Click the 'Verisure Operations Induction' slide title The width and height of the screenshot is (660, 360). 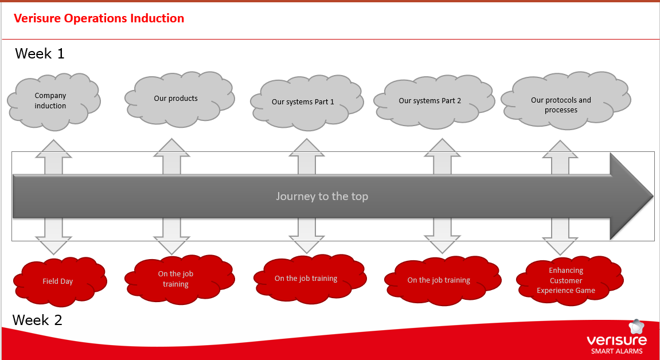99,18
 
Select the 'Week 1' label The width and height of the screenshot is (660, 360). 40,54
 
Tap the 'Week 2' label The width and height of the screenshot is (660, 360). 37,320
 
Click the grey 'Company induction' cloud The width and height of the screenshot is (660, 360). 52,100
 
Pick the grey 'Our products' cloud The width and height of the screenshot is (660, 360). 177,98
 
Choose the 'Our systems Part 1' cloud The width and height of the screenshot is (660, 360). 304,102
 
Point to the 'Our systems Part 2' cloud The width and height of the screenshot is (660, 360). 431,101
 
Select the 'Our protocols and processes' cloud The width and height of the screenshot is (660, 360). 562,104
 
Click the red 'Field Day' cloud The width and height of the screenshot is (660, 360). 58,281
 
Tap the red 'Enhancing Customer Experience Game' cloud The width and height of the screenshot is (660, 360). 567,280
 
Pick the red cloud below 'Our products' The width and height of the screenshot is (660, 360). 177,279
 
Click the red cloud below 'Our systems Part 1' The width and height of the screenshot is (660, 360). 307,279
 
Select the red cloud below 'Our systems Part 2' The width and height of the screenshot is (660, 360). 439,280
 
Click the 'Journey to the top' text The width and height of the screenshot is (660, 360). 322,196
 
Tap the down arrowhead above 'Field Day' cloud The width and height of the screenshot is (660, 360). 54,246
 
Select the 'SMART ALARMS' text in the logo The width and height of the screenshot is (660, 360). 617,351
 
